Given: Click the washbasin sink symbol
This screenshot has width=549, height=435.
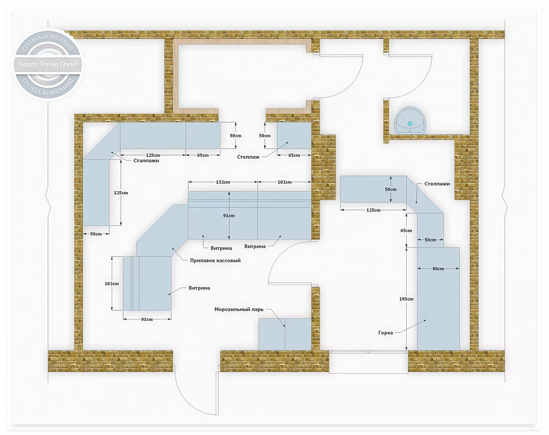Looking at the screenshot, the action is [410, 120].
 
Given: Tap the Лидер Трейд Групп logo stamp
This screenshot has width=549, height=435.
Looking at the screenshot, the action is [48, 65].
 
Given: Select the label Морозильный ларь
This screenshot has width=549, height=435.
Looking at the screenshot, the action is [239, 309].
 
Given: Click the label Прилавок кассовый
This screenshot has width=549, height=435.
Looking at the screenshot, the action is [215, 260].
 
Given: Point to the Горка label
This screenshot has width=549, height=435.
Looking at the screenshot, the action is [385, 333].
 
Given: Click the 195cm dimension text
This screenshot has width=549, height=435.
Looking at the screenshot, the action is [406, 299].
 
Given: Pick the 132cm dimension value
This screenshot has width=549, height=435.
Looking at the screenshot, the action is [223, 182].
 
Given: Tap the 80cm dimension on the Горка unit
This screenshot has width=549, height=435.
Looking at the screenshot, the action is [438, 269].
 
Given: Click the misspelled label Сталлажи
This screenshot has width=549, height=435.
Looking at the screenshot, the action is [146, 161].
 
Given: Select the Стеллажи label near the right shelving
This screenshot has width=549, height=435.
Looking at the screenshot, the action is [437, 183].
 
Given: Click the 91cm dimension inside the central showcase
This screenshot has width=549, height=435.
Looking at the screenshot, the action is [229, 216].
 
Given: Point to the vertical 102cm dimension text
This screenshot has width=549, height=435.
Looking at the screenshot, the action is [112, 284].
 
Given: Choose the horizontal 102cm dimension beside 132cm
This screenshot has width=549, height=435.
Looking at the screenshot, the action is [285, 182].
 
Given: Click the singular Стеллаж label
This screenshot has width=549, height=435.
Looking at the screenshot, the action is [248, 157].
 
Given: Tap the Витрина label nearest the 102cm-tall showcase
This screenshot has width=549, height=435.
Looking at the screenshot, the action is [199, 288].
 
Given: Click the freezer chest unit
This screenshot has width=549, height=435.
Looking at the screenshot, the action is [285, 334].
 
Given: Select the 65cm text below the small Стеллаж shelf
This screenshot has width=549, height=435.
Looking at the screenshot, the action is [294, 155].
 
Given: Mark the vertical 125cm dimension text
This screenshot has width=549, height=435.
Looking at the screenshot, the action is [121, 193].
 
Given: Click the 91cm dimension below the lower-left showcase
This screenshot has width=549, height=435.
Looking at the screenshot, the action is [147, 319].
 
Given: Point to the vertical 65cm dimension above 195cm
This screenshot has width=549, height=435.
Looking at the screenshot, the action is [406, 231].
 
